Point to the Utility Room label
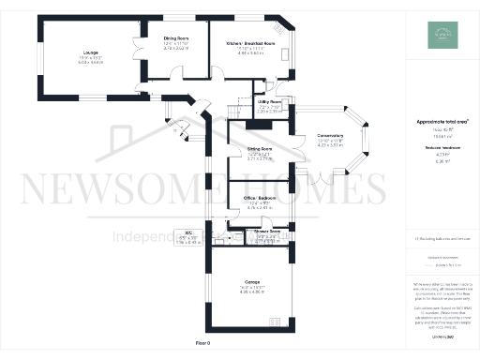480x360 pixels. coord(270,105)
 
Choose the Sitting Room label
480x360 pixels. coord(260,149)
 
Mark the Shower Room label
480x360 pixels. coord(267,231)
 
